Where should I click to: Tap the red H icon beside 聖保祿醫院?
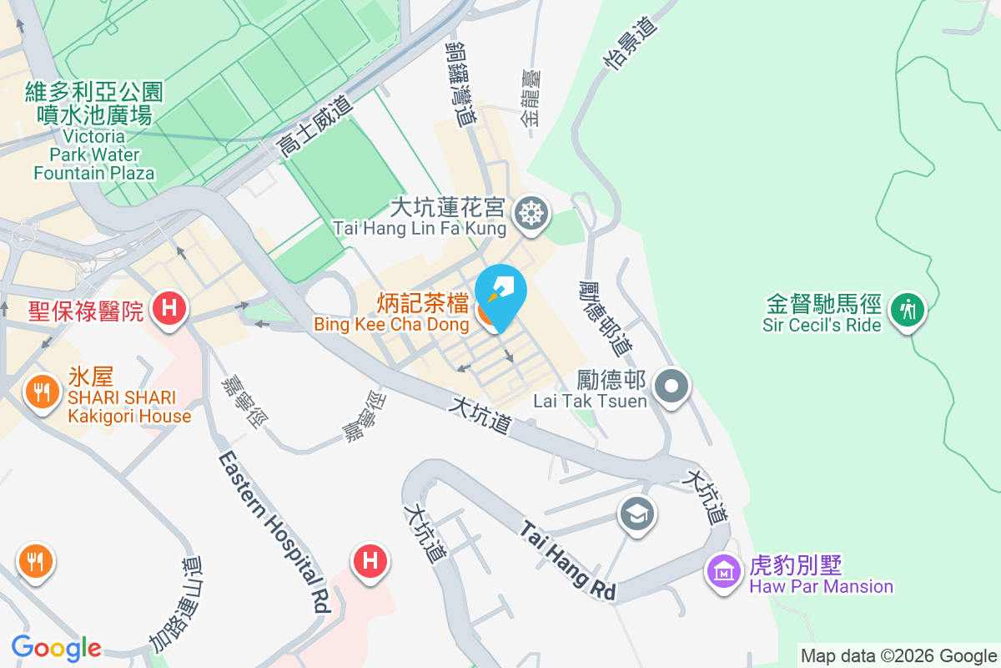(x=169, y=307)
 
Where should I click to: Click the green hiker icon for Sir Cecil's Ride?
(x=907, y=310)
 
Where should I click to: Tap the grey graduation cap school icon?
(x=638, y=514)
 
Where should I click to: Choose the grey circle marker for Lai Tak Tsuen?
(x=672, y=387)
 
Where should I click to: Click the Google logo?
(x=56, y=648)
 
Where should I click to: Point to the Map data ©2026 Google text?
(x=898, y=656)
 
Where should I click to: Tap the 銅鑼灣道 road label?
(x=460, y=83)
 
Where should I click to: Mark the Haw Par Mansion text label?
(x=821, y=586)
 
